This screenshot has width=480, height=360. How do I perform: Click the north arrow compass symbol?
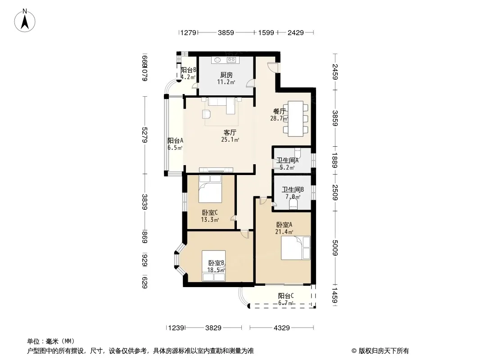(x=25, y=20)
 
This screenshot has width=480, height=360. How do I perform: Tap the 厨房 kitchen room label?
(x=226, y=75)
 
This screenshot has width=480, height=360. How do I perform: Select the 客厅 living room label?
(x=230, y=133)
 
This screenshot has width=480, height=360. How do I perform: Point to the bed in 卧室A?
(x=295, y=248)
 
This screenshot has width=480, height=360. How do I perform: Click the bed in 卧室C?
(x=210, y=189)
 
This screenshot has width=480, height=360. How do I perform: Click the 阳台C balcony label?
(x=286, y=296)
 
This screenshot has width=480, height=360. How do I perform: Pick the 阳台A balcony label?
(x=175, y=140)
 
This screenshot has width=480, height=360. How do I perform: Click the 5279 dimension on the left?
(x=145, y=135)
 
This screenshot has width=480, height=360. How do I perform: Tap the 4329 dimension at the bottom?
(x=281, y=328)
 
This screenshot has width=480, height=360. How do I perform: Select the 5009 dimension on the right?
(x=335, y=248)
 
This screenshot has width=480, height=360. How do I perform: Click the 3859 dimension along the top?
(x=226, y=32)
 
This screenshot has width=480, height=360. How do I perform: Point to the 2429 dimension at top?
(x=295, y=32)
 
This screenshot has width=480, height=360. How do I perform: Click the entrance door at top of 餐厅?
(x=272, y=67)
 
